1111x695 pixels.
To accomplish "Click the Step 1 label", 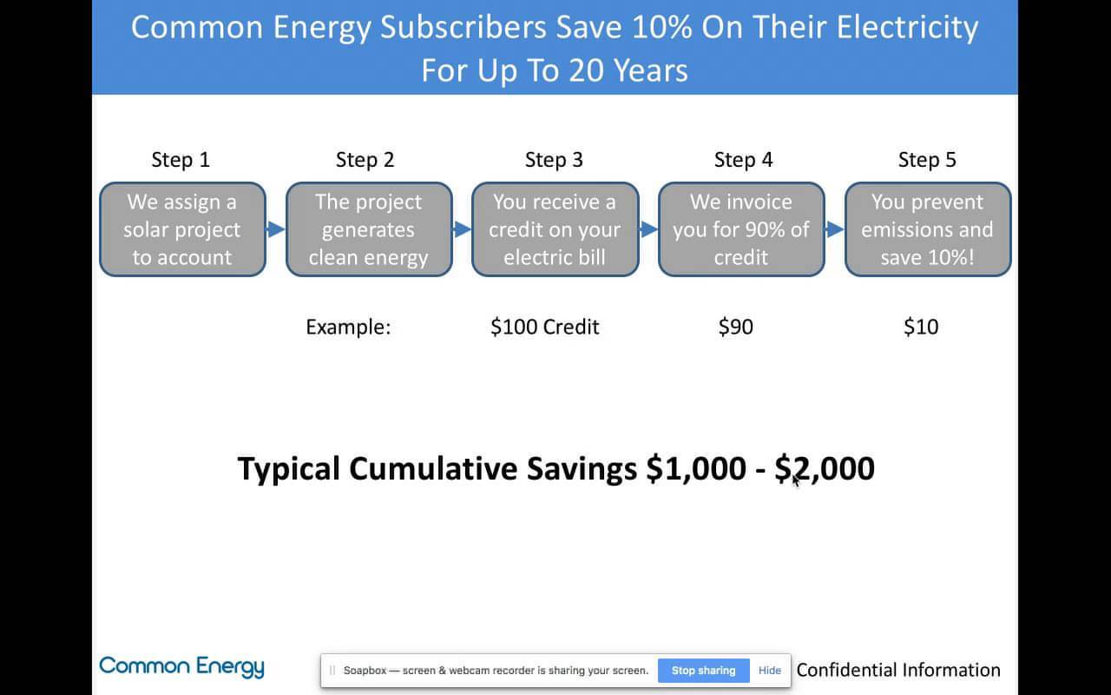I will [x=181, y=160].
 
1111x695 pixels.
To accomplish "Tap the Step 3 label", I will [x=554, y=160].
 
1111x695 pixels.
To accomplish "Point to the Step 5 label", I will [x=927, y=160].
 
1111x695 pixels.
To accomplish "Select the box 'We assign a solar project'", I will [x=182, y=229].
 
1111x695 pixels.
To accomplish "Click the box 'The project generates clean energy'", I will [x=369, y=229].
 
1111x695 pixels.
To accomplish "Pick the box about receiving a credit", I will [x=555, y=229].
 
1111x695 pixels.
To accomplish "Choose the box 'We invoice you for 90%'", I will [x=741, y=229].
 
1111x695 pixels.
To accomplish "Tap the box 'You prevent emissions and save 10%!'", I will [x=928, y=229].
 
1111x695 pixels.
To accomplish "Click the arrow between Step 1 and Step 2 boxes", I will [x=276, y=229].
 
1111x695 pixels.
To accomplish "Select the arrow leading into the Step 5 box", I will [x=835, y=229].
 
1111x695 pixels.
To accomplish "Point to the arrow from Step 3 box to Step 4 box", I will [x=648, y=229].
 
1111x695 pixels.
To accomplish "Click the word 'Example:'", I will [x=348, y=328].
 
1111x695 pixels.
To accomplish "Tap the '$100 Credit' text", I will [x=545, y=328].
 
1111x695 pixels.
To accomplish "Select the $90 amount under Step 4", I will [x=736, y=328].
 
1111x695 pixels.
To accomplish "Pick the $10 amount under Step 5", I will [x=921, y=328].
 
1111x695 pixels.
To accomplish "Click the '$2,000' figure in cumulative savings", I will [x=825, y=468].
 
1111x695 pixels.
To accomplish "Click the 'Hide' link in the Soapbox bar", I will [x=770, y=671].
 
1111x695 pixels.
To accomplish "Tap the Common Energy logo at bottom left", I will [x=181, y=667].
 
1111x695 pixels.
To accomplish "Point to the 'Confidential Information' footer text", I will [x=898, y=670].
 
